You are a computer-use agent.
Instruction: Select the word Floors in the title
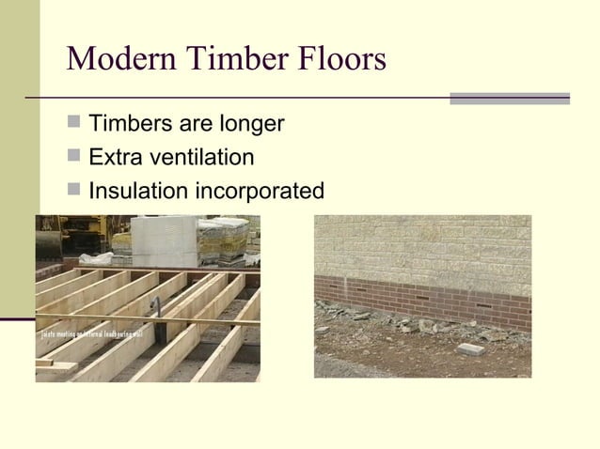coord(339,59)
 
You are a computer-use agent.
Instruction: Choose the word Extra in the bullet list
coord(115,158)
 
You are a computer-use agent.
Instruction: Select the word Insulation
coord(137,192)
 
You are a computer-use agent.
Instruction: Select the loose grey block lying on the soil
coord(471,349)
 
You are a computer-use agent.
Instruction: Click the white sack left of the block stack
coord(97,257)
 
